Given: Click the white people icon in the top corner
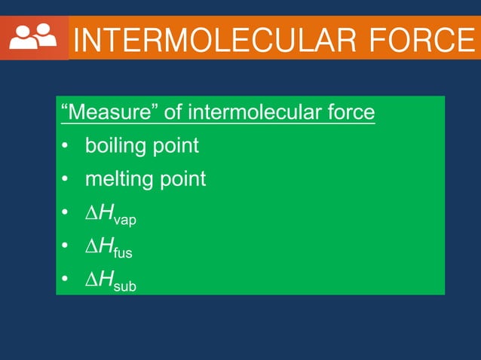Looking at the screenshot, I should (33, 37).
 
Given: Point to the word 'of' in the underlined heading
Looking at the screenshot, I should (173, 113).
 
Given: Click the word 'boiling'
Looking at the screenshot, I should (117, 146).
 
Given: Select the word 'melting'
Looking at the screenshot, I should (120, 179).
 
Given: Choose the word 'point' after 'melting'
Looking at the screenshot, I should (182, 179).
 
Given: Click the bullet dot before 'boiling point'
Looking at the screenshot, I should (66, 146).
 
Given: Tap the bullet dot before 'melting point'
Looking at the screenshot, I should (66, 179).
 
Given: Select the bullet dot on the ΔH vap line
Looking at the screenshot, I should (66, 214).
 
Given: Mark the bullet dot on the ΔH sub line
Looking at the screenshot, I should (66, 280).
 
